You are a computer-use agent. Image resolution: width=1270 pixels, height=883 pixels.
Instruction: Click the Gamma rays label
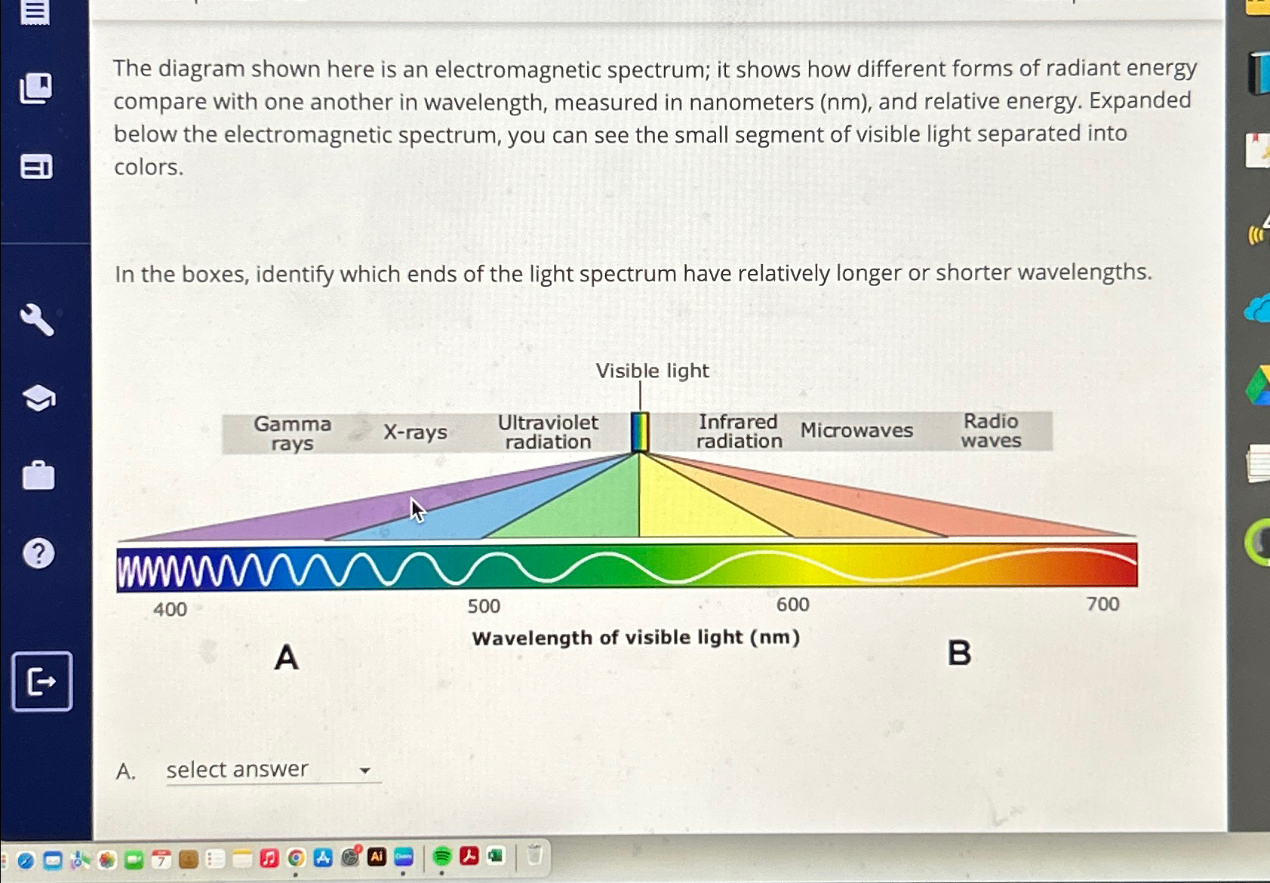tap(292, 433)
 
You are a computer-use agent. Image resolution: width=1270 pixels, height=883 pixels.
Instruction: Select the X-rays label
tap(415, 432)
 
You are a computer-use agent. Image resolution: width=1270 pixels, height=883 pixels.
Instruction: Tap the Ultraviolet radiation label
tap(548, 432)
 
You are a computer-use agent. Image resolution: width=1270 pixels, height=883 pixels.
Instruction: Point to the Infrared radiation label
tap(738, 431)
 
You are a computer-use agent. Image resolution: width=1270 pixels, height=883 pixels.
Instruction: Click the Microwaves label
tap(856, 430)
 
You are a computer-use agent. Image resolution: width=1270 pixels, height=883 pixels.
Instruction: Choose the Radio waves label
tap(991, 430)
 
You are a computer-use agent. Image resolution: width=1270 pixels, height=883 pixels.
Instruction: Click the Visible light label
tap(652, 371)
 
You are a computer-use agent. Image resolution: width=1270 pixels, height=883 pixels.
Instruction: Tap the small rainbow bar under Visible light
tap(640, 432)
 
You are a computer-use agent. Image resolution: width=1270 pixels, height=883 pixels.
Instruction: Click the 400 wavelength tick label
tap(170, 609)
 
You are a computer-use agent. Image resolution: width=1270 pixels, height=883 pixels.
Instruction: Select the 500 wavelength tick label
tap(484, 606)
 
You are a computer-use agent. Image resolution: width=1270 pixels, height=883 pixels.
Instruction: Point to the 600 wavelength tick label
tap(792, 605)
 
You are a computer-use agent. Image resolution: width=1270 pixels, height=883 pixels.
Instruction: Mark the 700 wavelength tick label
tap(1102, 604)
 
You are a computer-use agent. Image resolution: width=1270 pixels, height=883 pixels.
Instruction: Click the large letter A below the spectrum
tap(287, 657)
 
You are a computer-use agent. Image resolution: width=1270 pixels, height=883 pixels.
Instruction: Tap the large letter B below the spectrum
tap(959, 653)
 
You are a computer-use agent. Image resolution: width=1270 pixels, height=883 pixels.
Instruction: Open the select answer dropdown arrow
tap(365, 771)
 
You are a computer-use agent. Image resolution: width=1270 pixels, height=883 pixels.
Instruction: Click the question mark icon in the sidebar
tap(38, 554)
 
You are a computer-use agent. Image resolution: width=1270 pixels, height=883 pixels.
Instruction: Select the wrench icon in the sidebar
tap(37, 320)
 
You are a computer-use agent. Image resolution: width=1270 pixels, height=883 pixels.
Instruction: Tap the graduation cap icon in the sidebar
tap(38, 398)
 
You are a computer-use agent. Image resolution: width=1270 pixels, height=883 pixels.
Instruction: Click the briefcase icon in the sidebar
tap(38, 476)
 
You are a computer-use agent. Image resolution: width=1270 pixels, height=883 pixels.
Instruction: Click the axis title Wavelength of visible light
tap(635, 638)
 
